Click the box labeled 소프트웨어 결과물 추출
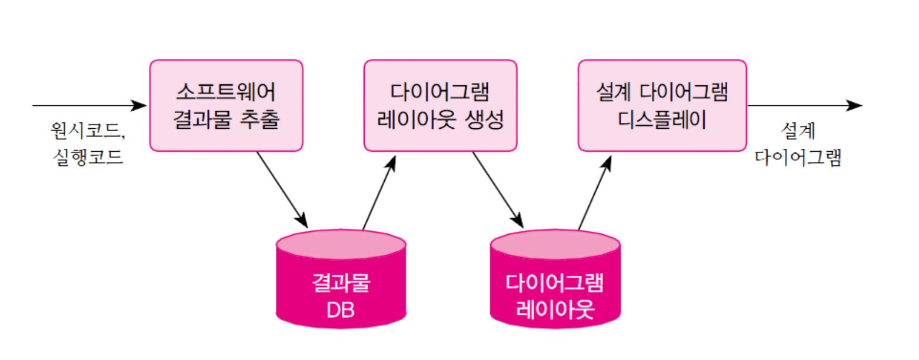(227, 105)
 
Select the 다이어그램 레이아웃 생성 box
(440, 105)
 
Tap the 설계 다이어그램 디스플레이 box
(662, 105)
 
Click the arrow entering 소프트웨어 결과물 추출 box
(88, 106)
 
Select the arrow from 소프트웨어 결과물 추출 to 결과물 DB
(282, 189)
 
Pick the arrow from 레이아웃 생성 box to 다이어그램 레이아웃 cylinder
(497, 189)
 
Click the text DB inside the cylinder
(341, 309)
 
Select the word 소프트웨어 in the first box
(227, 92)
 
